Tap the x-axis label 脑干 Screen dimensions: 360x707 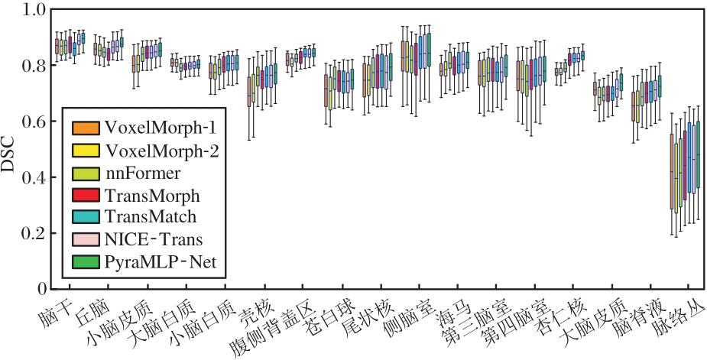(59, 312)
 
